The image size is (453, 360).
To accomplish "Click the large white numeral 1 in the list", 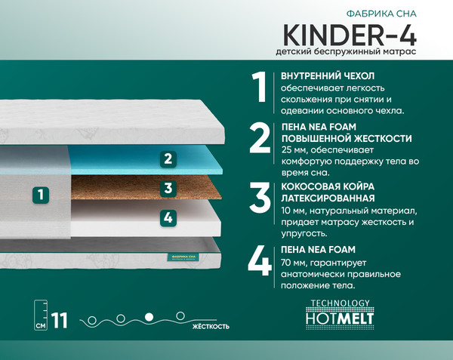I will (260, 88).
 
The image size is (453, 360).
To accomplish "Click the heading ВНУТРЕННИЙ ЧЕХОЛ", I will (328, 76).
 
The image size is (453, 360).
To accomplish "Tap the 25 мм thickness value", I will (293, 149).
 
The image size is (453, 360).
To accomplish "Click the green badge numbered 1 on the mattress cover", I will (42, 194).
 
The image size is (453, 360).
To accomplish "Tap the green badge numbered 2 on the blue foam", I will (168, 158).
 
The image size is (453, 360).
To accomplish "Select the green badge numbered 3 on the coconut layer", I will (168, 188).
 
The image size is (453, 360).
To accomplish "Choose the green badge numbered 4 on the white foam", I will (168, 217).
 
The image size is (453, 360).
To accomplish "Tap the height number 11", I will (60, 320).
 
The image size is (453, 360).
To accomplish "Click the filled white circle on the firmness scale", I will (149, 315).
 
